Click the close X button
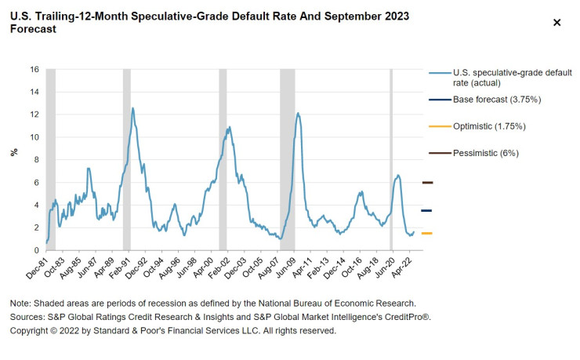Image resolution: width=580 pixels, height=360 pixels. point(557,23)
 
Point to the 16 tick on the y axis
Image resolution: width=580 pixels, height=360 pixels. point(34,70)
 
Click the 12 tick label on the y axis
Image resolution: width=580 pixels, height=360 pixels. point(34,115)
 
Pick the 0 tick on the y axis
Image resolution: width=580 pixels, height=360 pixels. point(37,250)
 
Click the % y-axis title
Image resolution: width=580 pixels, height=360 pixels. point(13,152)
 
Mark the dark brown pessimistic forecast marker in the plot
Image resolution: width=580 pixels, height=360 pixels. point(426,183)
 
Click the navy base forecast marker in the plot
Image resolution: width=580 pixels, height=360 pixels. point(426,210)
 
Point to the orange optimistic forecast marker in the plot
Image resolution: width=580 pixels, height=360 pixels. point(426,233)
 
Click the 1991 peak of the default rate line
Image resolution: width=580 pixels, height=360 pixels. point(132,108)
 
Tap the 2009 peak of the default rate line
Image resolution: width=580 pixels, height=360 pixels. point(298,113)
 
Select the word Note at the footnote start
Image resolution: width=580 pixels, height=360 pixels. point(21,303)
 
